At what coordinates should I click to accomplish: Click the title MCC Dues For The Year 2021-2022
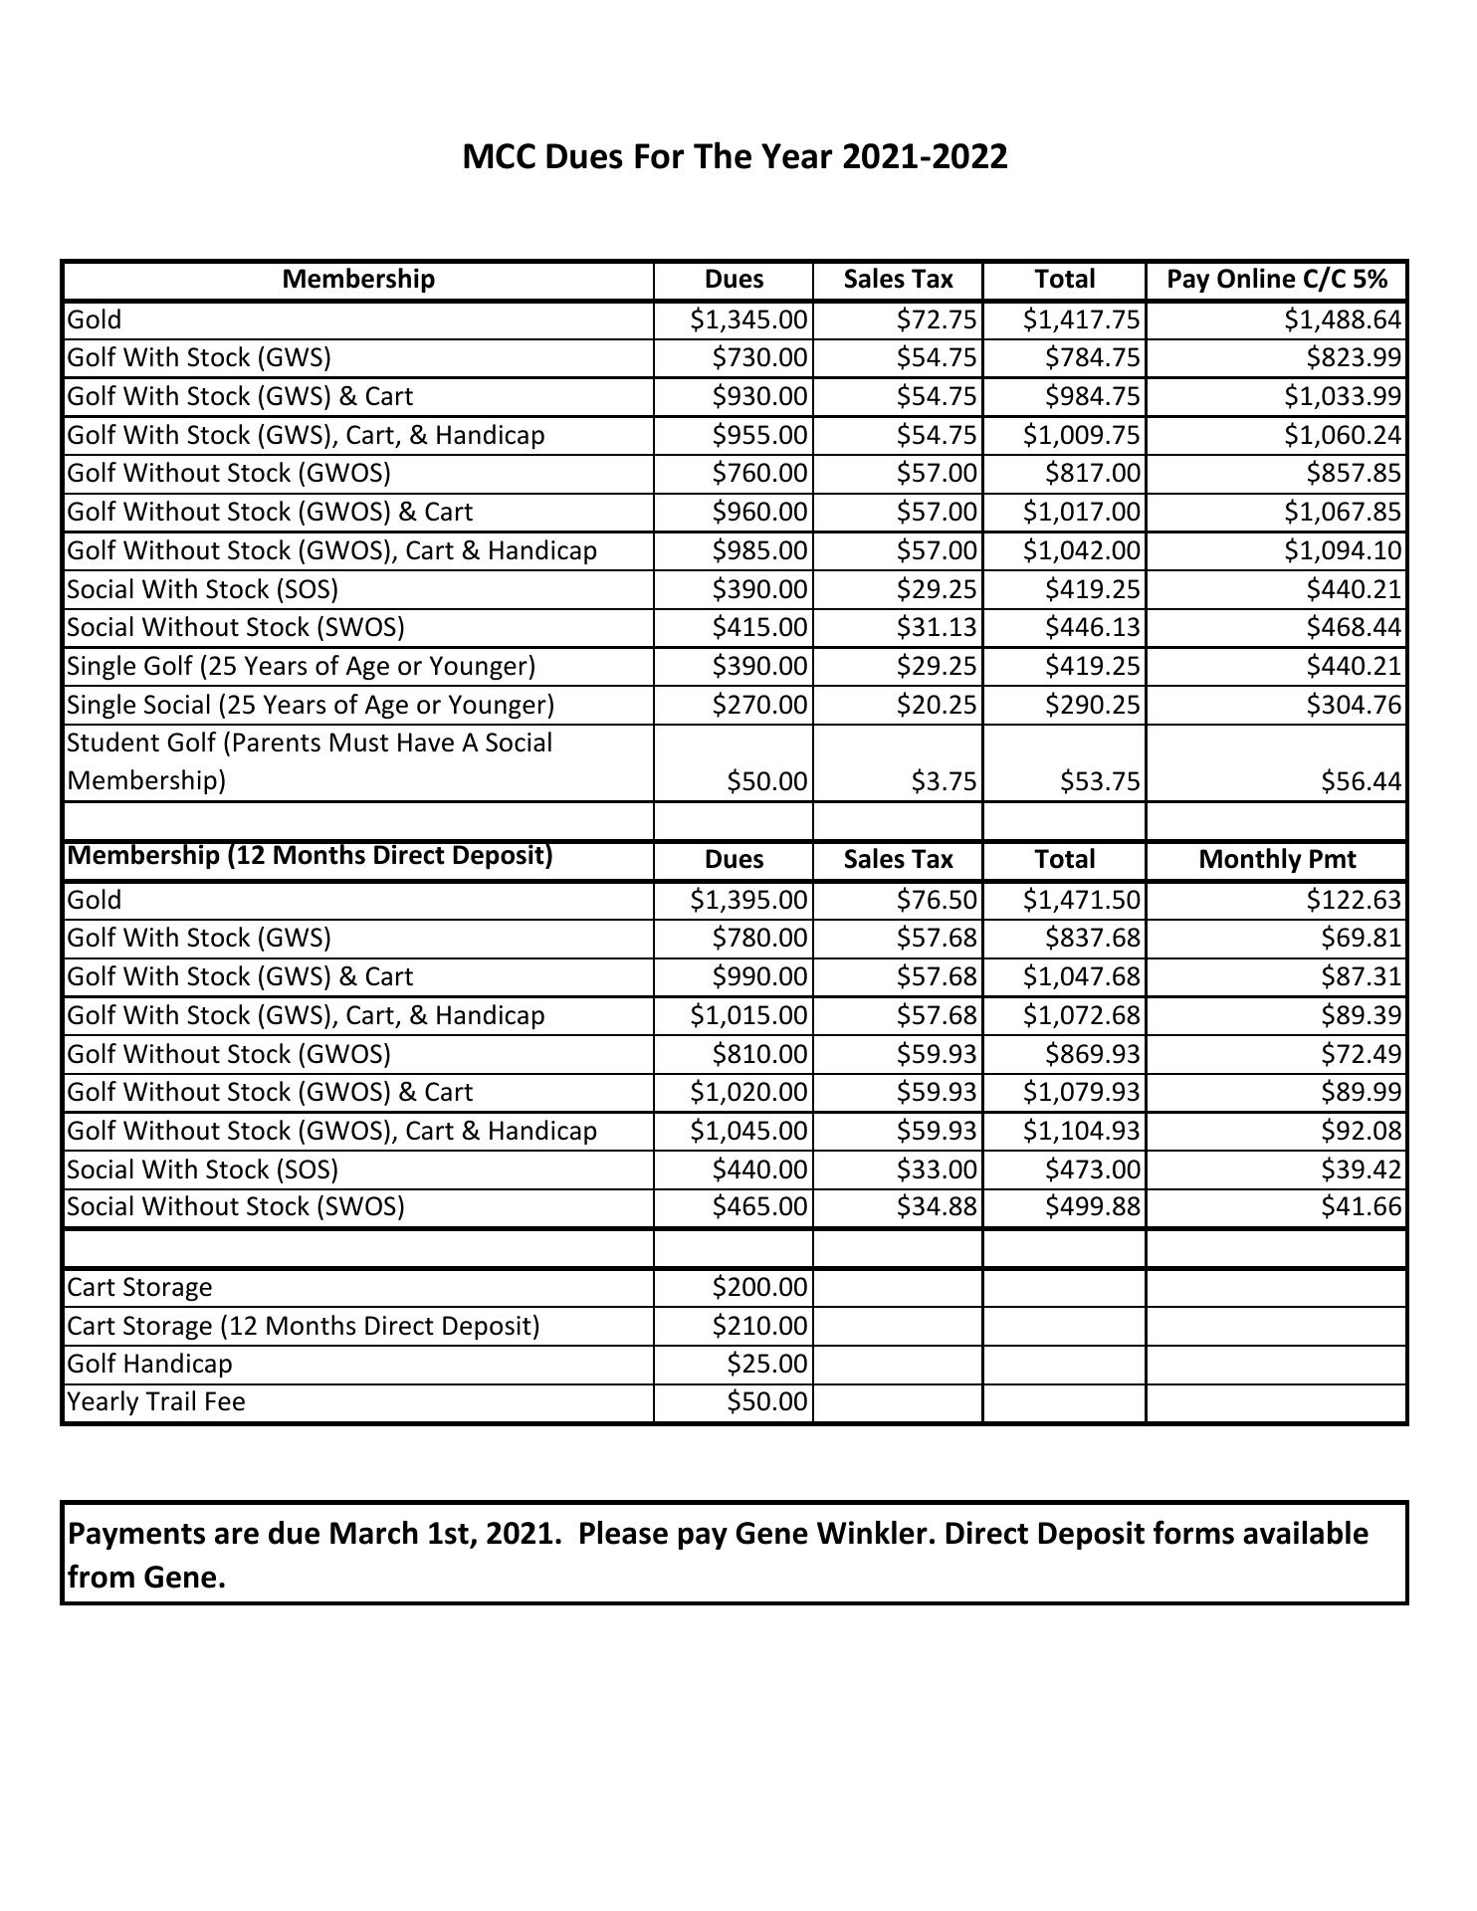[x=735, y=156]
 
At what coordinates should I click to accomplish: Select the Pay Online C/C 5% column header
[x=1276, y=280]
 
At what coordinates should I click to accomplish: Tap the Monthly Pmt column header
[x=1276, y=860]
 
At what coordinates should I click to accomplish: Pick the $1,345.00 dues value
[x=748, y=319]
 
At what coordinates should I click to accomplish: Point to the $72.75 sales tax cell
[x=937, y=319]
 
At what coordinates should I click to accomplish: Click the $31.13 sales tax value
[x=937, y=628]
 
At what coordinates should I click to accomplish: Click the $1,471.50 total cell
[x=1081, y=901]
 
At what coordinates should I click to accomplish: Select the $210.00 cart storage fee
[x=759, y=1327]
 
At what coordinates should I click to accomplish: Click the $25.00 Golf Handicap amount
[x=766, y=1365]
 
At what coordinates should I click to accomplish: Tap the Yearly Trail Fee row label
[x=156, y=1402]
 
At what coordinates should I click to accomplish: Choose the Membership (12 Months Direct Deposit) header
[x=310, y=856]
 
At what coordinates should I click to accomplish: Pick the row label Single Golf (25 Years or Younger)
[x=301, y=667]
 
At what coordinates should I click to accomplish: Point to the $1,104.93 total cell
[x=1081, y=1132]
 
